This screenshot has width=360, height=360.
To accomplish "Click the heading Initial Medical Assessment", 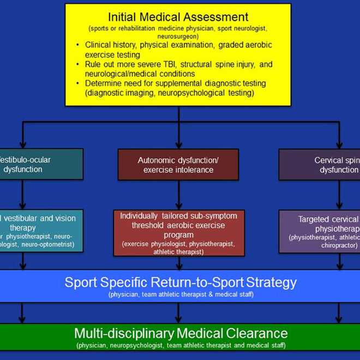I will [x=178, y=17].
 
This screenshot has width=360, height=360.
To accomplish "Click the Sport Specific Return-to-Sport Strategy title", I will [x=181, y=283].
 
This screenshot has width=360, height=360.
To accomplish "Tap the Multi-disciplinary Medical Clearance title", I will [x=181, y=333].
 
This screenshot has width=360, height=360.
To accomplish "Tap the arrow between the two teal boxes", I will [x=23, y=194].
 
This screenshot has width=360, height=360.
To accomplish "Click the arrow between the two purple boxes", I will [x=339, y=194].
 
